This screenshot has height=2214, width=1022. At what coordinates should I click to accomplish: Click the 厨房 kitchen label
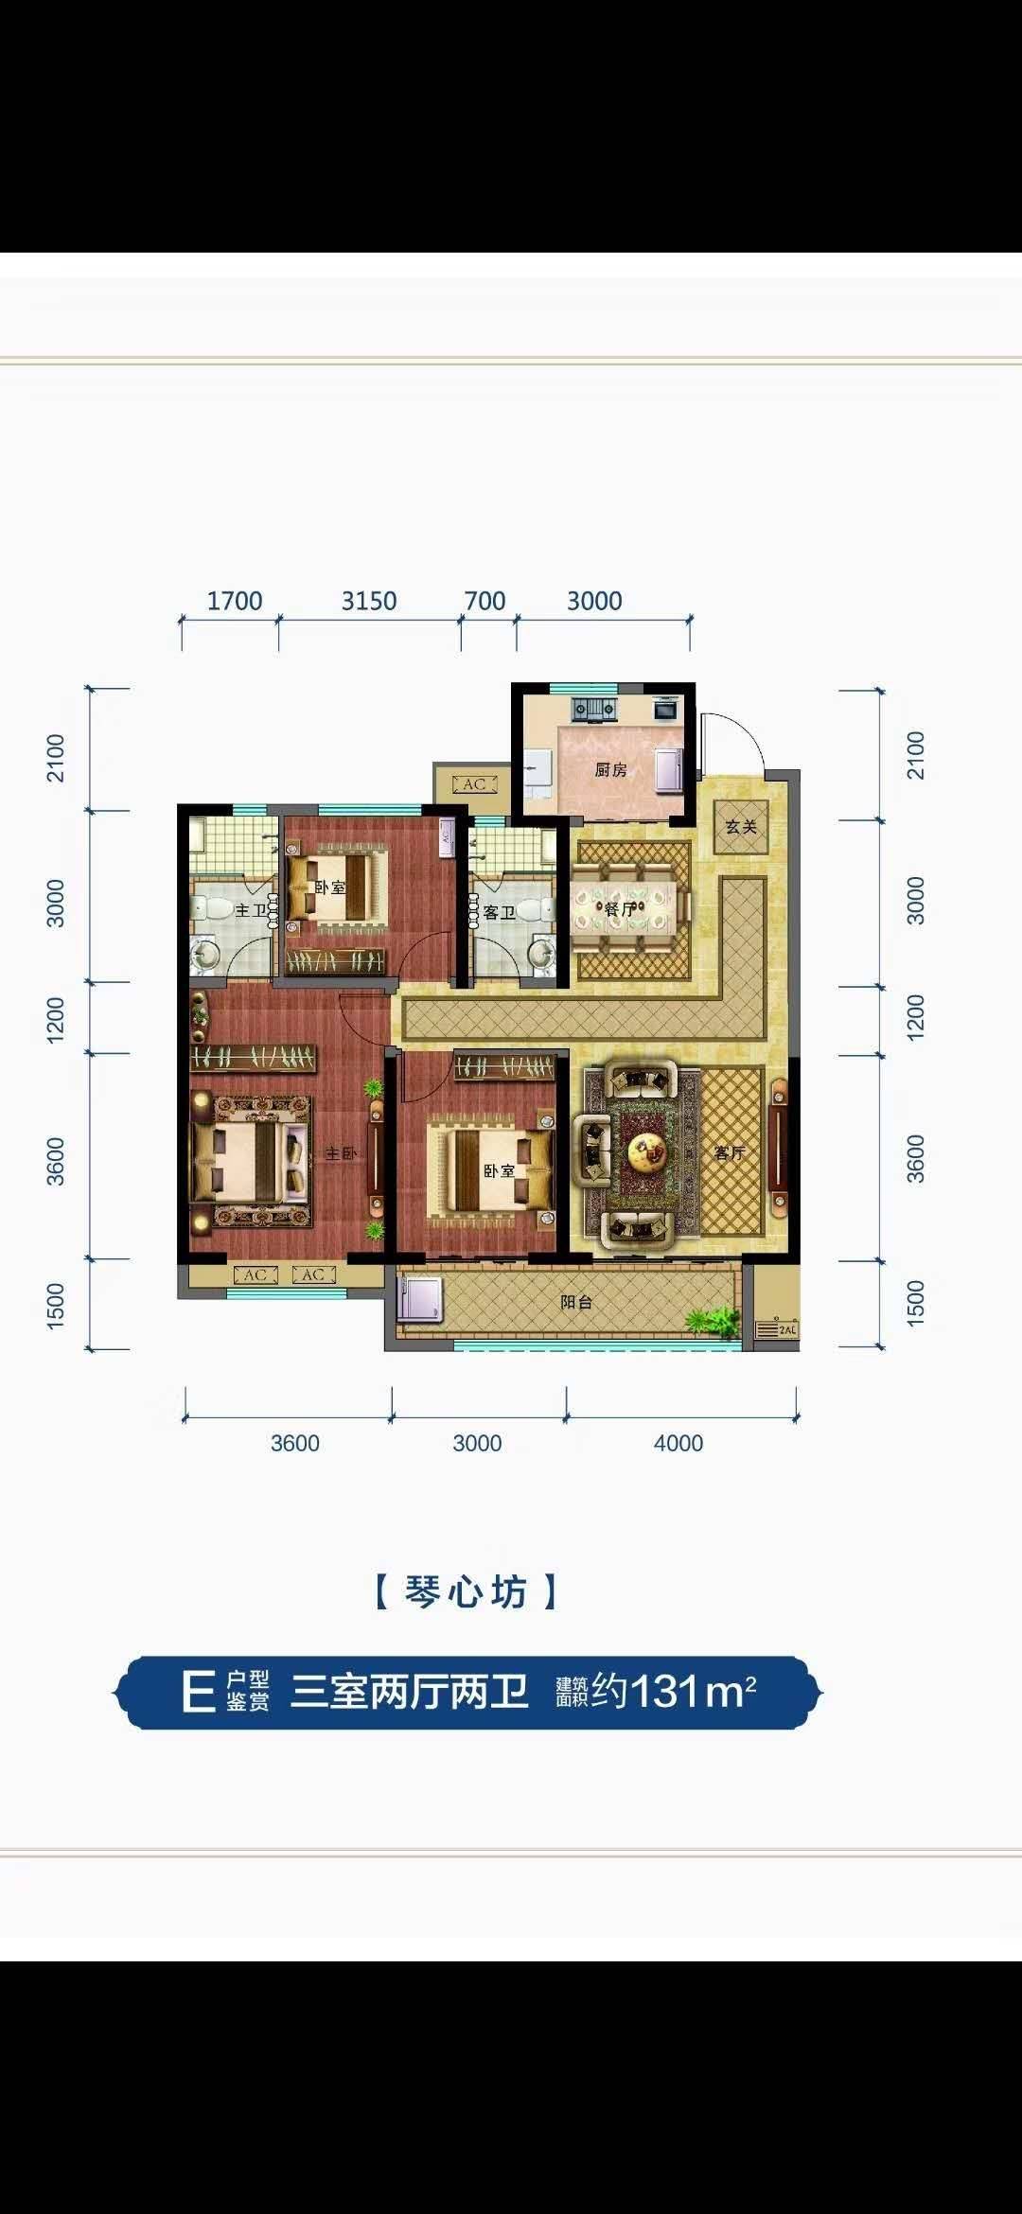click(x=610, y=770)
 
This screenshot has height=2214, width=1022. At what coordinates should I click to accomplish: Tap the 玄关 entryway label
click(x=741, y=827)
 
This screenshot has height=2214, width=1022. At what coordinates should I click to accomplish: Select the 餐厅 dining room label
click(x=620, y=909)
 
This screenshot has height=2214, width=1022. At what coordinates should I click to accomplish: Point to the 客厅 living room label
click(x=730, y=1152)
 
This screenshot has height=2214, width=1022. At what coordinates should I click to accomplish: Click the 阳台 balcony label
click(x=576, y=1302)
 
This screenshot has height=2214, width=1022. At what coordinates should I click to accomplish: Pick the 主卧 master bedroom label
click(x=341, y=1153)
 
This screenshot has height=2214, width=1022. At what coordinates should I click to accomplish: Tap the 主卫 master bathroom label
click(x=251, y=910)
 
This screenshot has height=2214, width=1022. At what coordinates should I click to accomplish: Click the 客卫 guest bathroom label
click(x=499, y=913)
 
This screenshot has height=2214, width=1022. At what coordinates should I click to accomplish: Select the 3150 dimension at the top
click(x=369, y=601)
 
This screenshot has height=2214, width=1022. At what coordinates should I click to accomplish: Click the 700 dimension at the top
click(x=485, y=601)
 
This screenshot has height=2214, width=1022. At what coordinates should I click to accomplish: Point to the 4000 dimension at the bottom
click(x=678, y=1443)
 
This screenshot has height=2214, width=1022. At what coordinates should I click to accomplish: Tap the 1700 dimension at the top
click(x=235, y=601)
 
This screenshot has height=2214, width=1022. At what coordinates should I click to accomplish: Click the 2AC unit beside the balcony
click(x=777, y=1329)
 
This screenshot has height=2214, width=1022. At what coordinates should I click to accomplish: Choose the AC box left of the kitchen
click(x=474, y=784)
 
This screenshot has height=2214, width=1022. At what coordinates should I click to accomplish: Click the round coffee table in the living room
click(x=648, y=1151)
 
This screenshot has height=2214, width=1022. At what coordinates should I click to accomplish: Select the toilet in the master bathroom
click(x=209, y=909)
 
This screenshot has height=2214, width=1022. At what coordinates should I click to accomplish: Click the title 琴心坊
click(x=465, y=1592)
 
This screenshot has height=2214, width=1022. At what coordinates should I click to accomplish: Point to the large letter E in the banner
click(x=198, y=1693)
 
